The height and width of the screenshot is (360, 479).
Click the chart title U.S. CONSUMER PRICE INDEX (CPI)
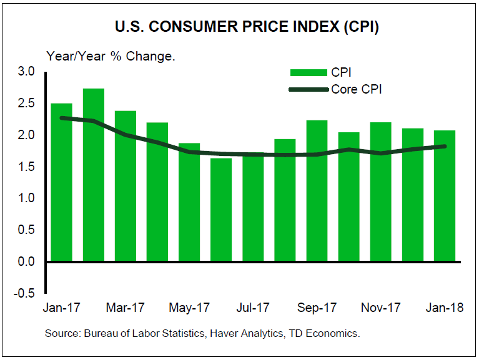[x=239, y=28]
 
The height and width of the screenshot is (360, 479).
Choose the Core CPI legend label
[x=357, y=89]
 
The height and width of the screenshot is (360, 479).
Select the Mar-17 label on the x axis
[x=125, y=308]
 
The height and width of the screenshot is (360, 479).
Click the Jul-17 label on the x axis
[x=253, y=308]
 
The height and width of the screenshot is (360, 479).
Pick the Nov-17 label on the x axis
[x=380, y=308]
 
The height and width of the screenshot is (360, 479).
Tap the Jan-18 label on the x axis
[x=444, y=308]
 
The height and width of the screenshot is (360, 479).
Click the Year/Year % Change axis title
[x=111, y=56]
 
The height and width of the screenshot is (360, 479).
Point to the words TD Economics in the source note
[x=325, y=334]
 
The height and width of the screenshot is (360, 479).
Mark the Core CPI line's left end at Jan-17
[x=62, y=117]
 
